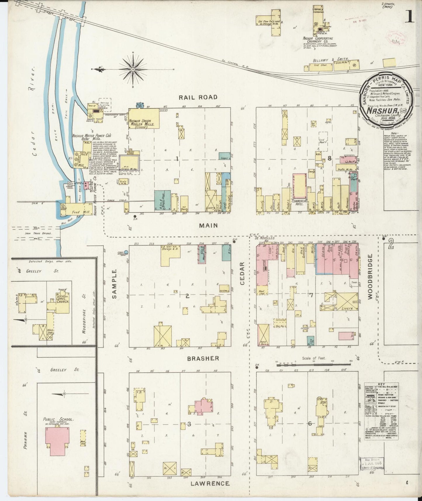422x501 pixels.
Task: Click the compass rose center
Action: [x=133, y=69]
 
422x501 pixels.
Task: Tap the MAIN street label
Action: [x=209, y=225]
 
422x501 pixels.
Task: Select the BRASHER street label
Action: [x=203, y=358]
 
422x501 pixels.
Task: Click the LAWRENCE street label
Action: [x=210, y=483]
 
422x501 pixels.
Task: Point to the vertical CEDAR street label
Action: [x=242, y=273]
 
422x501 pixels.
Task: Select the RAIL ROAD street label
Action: [x=198, y=97]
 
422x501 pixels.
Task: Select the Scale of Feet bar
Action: [x=314, y=364]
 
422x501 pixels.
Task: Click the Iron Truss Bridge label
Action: [x=42, y=233]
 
